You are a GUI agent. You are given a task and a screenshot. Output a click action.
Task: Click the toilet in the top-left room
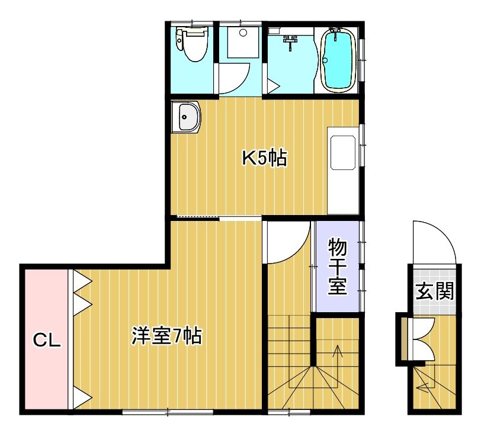coord(192,44)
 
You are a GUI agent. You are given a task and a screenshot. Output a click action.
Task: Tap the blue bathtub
coord(338,60)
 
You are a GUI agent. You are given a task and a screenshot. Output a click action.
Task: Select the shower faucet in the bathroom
coord(290,42)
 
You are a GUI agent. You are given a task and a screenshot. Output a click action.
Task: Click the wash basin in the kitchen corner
coord(186,117)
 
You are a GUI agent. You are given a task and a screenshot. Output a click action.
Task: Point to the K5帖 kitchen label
coord(265,158)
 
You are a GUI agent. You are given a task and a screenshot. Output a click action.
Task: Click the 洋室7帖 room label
coord(166,336)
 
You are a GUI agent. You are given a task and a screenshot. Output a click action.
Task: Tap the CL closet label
coord(47,340)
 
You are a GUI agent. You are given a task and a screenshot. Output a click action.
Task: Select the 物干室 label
coord(338,267)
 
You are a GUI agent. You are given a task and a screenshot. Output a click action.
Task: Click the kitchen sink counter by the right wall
coord(343,170)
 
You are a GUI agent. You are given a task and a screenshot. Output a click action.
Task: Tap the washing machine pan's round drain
coord(243,33)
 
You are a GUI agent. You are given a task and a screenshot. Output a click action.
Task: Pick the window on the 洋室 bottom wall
coord(168,412)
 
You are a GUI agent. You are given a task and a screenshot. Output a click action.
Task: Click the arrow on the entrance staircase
coord(428,380)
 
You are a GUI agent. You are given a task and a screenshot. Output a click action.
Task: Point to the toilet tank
coord(179,39)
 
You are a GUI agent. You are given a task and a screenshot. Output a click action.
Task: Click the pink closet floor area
coord(46,339)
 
